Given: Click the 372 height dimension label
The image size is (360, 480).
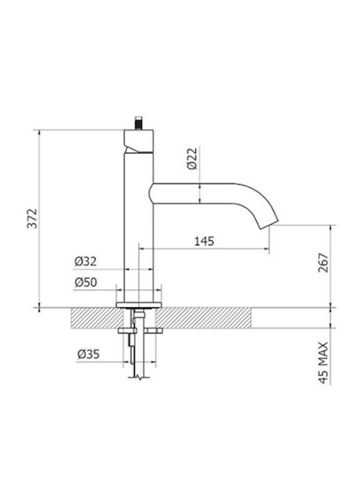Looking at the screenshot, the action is pos(32,218).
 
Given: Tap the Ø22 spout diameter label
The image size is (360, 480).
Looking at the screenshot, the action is pos(193,159).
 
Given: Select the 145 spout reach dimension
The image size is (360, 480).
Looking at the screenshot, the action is pos(204,241).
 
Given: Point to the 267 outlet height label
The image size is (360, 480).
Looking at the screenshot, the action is pos(323,263).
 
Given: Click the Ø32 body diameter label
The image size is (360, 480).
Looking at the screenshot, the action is pos(85,261).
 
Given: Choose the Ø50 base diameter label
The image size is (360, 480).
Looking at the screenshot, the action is pos(86,282).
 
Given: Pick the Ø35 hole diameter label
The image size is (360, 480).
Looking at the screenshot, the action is pos(89,354).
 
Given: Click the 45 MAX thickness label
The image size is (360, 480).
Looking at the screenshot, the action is pos(323,363).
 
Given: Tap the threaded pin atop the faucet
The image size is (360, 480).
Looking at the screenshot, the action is pos(139,123).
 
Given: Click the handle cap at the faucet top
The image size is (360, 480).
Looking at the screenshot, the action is pos(139,141).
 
